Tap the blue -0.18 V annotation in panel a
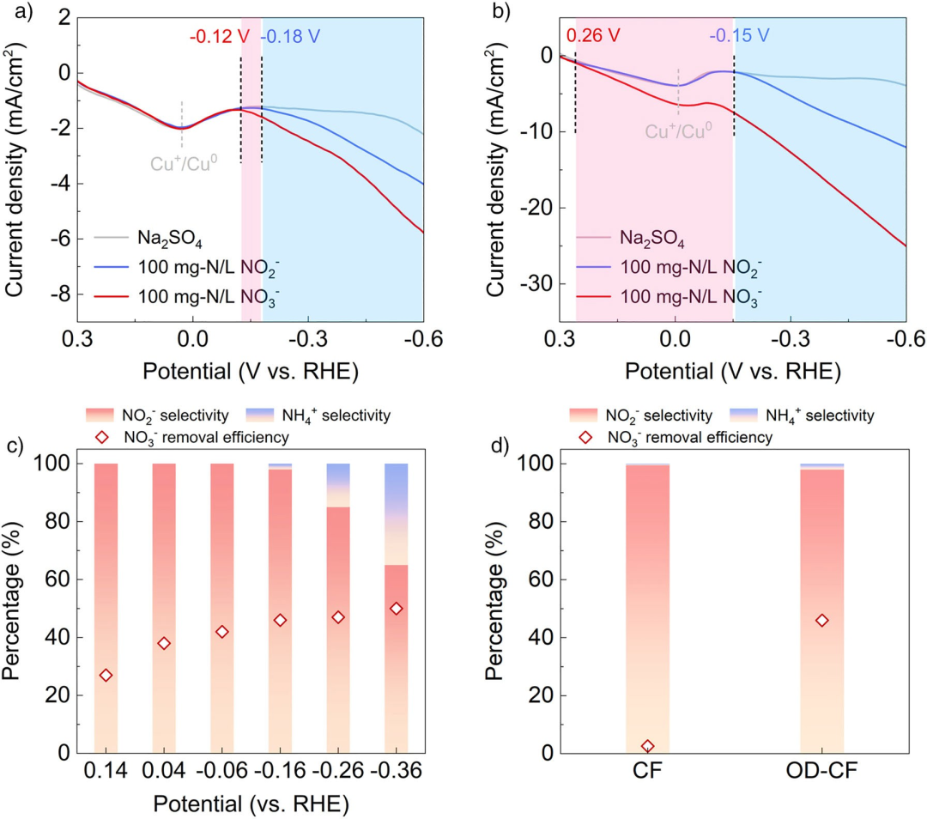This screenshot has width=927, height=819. [291, 37]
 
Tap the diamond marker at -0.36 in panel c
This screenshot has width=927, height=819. [396, 608]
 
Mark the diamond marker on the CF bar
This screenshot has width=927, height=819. [647, 746]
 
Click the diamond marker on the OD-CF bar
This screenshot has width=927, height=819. [821, 620]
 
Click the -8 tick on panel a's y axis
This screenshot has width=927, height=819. [59, 294]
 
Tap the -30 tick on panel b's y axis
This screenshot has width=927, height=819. [536, 283]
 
